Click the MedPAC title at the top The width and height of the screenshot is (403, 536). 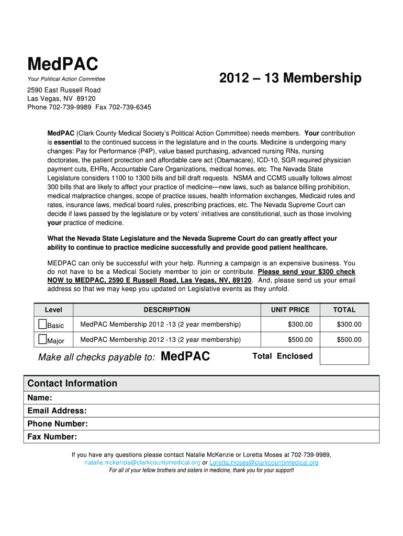(x=62, y=64)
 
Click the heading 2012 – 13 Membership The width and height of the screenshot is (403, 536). (x=290, y=79)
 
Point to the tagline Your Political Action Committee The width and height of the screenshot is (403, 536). (x=66, y=79)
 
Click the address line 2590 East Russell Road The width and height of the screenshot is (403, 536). (x=64, y=90)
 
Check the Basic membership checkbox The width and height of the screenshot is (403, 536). (x=42, y=324)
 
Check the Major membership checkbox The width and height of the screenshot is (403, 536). (x=42, y=340)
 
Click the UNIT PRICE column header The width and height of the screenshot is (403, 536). (x=290, y=310)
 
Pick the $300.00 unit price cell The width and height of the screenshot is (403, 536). (x=300, y=325)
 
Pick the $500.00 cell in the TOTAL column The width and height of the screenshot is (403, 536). (x=349, y=340)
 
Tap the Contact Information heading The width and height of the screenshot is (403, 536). (x=72, y=383)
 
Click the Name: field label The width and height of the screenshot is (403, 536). (x=40, y=398)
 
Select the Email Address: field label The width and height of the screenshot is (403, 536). (x=57, y=411)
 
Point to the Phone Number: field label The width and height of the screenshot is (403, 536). (x=58, y=424)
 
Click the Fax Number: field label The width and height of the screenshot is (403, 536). (x=52, y=437)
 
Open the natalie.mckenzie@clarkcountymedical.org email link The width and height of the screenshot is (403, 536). (x=142, y=463)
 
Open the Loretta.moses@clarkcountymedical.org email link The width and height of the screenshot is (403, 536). (x=264, y=463)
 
